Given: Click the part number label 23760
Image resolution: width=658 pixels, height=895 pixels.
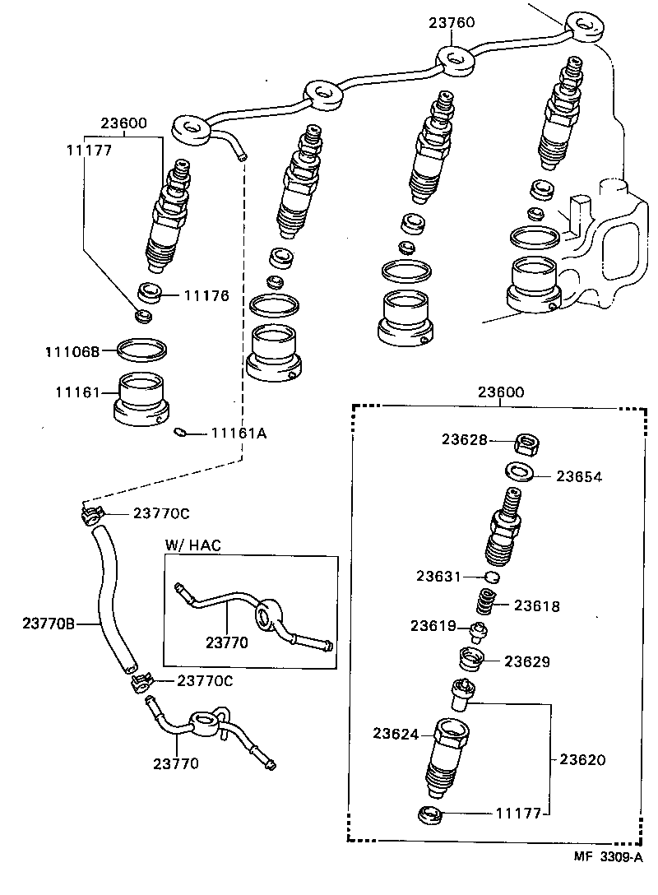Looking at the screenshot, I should [452, 23].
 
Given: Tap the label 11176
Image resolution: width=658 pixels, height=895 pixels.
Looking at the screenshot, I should [205, 295].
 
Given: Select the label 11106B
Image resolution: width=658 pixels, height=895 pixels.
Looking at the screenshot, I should [72, 351].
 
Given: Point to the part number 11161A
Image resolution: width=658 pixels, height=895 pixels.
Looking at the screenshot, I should [239, 432].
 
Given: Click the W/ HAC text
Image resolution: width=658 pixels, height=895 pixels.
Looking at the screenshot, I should [193, 544].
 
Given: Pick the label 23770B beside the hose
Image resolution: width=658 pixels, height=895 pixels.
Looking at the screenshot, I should [49, 624].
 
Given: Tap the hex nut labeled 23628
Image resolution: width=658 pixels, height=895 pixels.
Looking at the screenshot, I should [526, 445].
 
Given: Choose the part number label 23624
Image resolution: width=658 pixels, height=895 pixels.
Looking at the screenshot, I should [396, 733].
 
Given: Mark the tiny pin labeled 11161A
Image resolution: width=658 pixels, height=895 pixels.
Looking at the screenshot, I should [182, 431].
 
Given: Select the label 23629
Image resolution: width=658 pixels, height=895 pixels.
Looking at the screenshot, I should [527, 661].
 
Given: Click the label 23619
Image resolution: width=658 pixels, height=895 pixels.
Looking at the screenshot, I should [433, 626].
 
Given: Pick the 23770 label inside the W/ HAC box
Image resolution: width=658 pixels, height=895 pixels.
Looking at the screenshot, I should [226, 643].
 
